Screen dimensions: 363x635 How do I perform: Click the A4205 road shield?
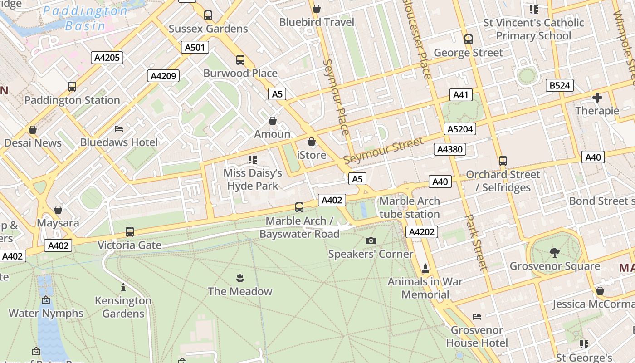(x=107, y=58)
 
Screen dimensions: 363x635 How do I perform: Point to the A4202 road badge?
(x=421, y=232)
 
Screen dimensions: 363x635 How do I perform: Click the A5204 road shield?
(x=460, y=129)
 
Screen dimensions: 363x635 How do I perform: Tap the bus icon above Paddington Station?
(x=72, y=86)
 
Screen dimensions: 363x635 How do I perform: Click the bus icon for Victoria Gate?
(x=130, y=232)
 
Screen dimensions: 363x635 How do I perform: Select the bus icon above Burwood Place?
(x=240, y=59)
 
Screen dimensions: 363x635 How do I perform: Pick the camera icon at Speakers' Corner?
(x=371, y=240)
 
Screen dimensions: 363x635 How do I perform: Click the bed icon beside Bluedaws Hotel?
(x=119, y=129)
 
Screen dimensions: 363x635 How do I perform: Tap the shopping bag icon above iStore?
(x=311, y=142)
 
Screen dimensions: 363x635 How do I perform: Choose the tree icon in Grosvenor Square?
(x=554, y=252)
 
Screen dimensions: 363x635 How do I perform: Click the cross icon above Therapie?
(x=597, y=98)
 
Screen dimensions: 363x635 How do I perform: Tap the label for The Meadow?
(x=240, y=291)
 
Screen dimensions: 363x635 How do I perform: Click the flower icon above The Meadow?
(x=240, y=278)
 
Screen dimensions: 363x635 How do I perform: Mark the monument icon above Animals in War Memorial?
(x=425, y=268)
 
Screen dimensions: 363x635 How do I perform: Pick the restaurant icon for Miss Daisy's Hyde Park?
(x=253, y=159)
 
